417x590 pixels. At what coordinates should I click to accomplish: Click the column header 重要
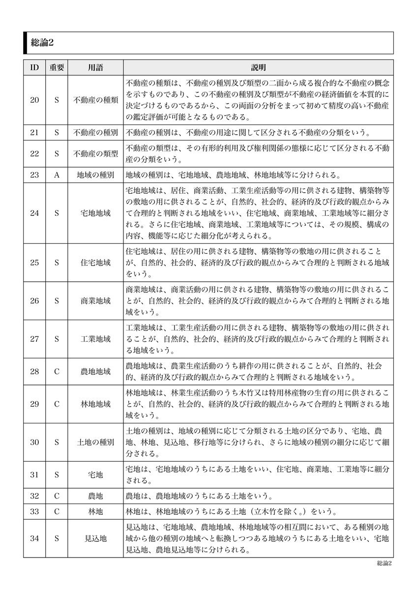57,68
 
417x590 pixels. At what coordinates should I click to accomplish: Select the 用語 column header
95,68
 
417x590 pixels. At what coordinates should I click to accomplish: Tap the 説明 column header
258,68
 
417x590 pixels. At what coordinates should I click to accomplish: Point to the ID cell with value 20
34,100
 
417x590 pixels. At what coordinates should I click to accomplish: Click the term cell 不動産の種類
95,100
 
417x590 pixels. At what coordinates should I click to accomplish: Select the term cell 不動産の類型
95,153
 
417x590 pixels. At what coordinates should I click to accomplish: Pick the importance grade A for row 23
57,175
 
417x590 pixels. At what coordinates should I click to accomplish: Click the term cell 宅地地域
95,213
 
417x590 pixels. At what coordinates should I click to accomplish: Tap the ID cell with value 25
34,263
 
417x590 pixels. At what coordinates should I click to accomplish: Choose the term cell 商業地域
95,300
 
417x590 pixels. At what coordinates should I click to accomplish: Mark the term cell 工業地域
95,339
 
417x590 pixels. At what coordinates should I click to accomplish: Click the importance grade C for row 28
57,371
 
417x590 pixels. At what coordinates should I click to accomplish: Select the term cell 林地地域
95,404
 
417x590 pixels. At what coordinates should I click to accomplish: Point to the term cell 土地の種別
95,442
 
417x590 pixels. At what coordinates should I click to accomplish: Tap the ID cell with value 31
34,474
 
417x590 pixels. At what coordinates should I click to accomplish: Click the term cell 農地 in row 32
95,496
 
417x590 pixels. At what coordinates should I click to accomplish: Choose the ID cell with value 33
34,511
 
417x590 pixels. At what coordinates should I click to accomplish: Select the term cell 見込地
95,538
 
